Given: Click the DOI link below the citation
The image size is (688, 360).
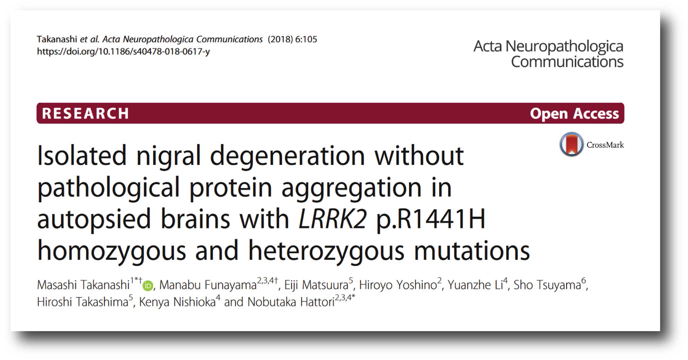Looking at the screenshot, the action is click(123, 52).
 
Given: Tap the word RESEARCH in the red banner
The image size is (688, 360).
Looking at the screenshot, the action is click(85, 113).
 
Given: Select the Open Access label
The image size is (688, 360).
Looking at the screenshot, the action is click(574, 114).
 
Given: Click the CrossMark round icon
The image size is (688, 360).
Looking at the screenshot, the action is click(572, 144).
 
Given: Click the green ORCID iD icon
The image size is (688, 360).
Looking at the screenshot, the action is click(148, 286).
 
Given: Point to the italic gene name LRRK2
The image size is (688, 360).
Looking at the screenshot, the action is click(333, 219).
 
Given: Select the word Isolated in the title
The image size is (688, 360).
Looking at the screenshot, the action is click(81, 155).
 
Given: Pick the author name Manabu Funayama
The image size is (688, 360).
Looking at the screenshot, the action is click(208, 285).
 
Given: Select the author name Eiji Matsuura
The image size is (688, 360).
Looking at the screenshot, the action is click(316, 285).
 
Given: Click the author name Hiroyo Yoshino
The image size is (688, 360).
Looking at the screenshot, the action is click(398, 285).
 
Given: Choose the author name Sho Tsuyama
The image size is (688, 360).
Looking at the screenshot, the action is click(547, 285).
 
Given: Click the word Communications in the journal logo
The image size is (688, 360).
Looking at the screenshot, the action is click(567, 62).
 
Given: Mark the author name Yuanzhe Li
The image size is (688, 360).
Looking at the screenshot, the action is click(475, 285).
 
